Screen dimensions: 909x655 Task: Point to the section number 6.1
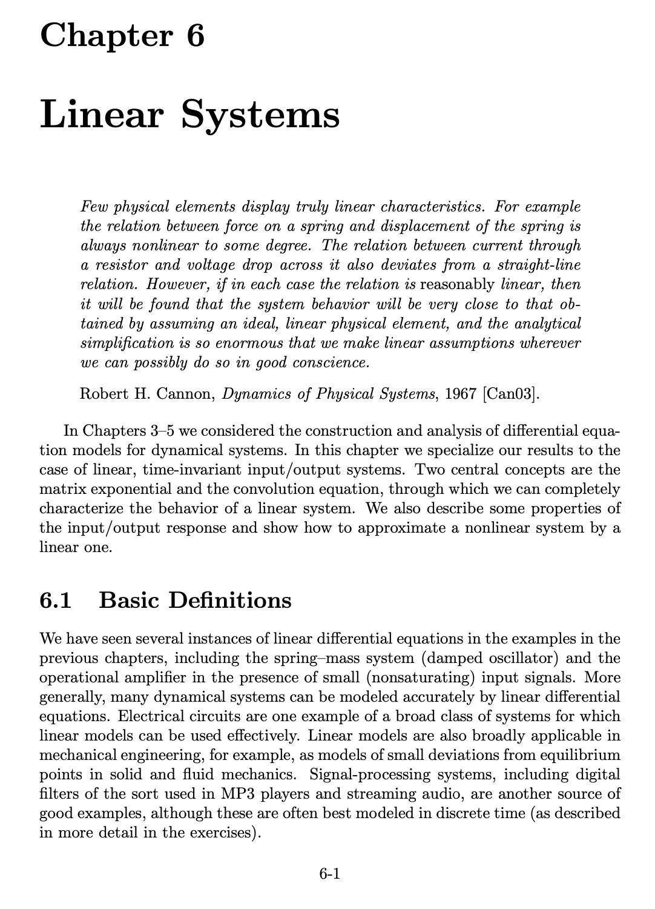coord(55,601)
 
